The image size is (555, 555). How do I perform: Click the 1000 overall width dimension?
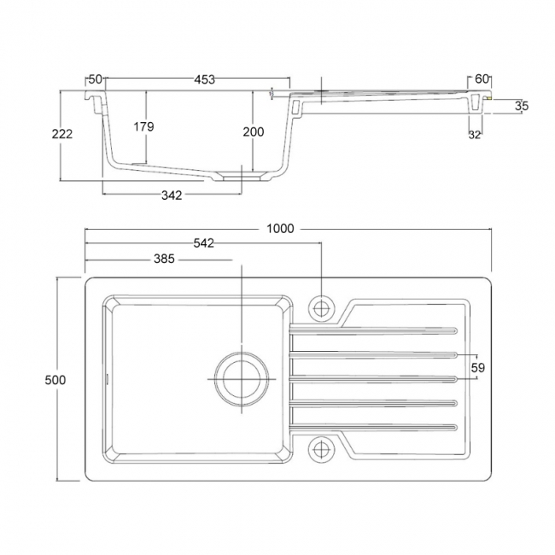280,228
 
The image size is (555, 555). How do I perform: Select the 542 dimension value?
203,243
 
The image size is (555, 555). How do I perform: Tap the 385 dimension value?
165,258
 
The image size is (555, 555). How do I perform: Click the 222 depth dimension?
61,133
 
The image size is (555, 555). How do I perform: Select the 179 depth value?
143,126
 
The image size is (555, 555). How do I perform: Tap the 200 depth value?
253,131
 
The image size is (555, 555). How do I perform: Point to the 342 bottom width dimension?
172,196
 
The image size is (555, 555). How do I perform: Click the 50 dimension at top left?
95,79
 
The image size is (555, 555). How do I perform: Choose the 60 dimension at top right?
482,79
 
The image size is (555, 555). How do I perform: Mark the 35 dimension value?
522,106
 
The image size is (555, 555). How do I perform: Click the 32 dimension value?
475,134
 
